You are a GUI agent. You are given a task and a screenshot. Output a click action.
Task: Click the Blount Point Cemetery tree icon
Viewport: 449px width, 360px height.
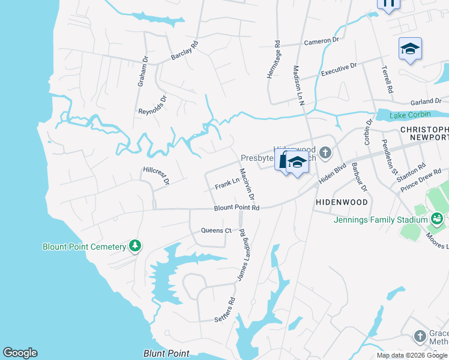[x=136, y=246]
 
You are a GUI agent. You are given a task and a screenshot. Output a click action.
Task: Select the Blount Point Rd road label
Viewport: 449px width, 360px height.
[x=237, y=208]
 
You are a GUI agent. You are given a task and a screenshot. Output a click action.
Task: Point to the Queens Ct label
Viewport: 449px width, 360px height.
[x=216, y=230]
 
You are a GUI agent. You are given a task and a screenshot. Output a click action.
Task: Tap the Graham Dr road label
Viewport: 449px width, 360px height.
[x=142, y=71]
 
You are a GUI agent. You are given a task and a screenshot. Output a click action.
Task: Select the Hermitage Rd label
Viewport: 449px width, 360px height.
[x=277, y=59]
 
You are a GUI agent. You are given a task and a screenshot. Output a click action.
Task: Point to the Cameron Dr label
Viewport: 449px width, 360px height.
[x=321, y=41]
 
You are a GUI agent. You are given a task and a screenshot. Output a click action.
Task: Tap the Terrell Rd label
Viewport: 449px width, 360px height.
[x=386, y=80]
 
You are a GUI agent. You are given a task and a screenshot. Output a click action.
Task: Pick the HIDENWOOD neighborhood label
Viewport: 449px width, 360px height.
[x=340, y=203]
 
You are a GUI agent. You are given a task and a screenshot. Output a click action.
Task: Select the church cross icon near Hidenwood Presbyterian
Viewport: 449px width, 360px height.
[x=325, y=153]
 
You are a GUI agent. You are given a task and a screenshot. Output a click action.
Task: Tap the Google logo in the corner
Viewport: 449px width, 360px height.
[x=20, y=353]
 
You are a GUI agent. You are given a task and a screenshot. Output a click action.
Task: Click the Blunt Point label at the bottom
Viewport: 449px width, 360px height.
[x=167, y=353]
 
